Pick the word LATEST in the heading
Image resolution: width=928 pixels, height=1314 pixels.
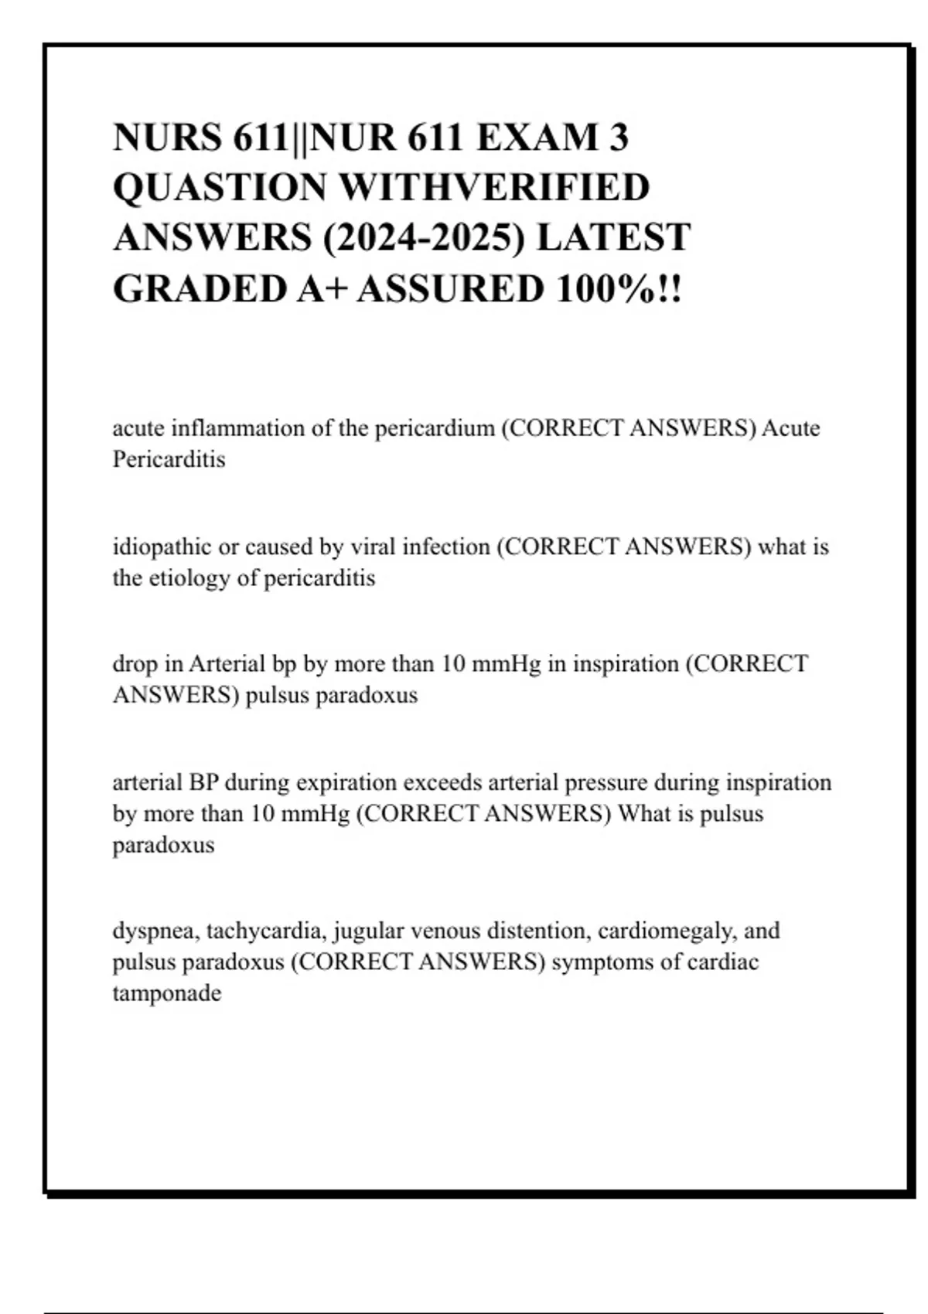612,238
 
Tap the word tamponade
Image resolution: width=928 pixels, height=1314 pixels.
167,993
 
